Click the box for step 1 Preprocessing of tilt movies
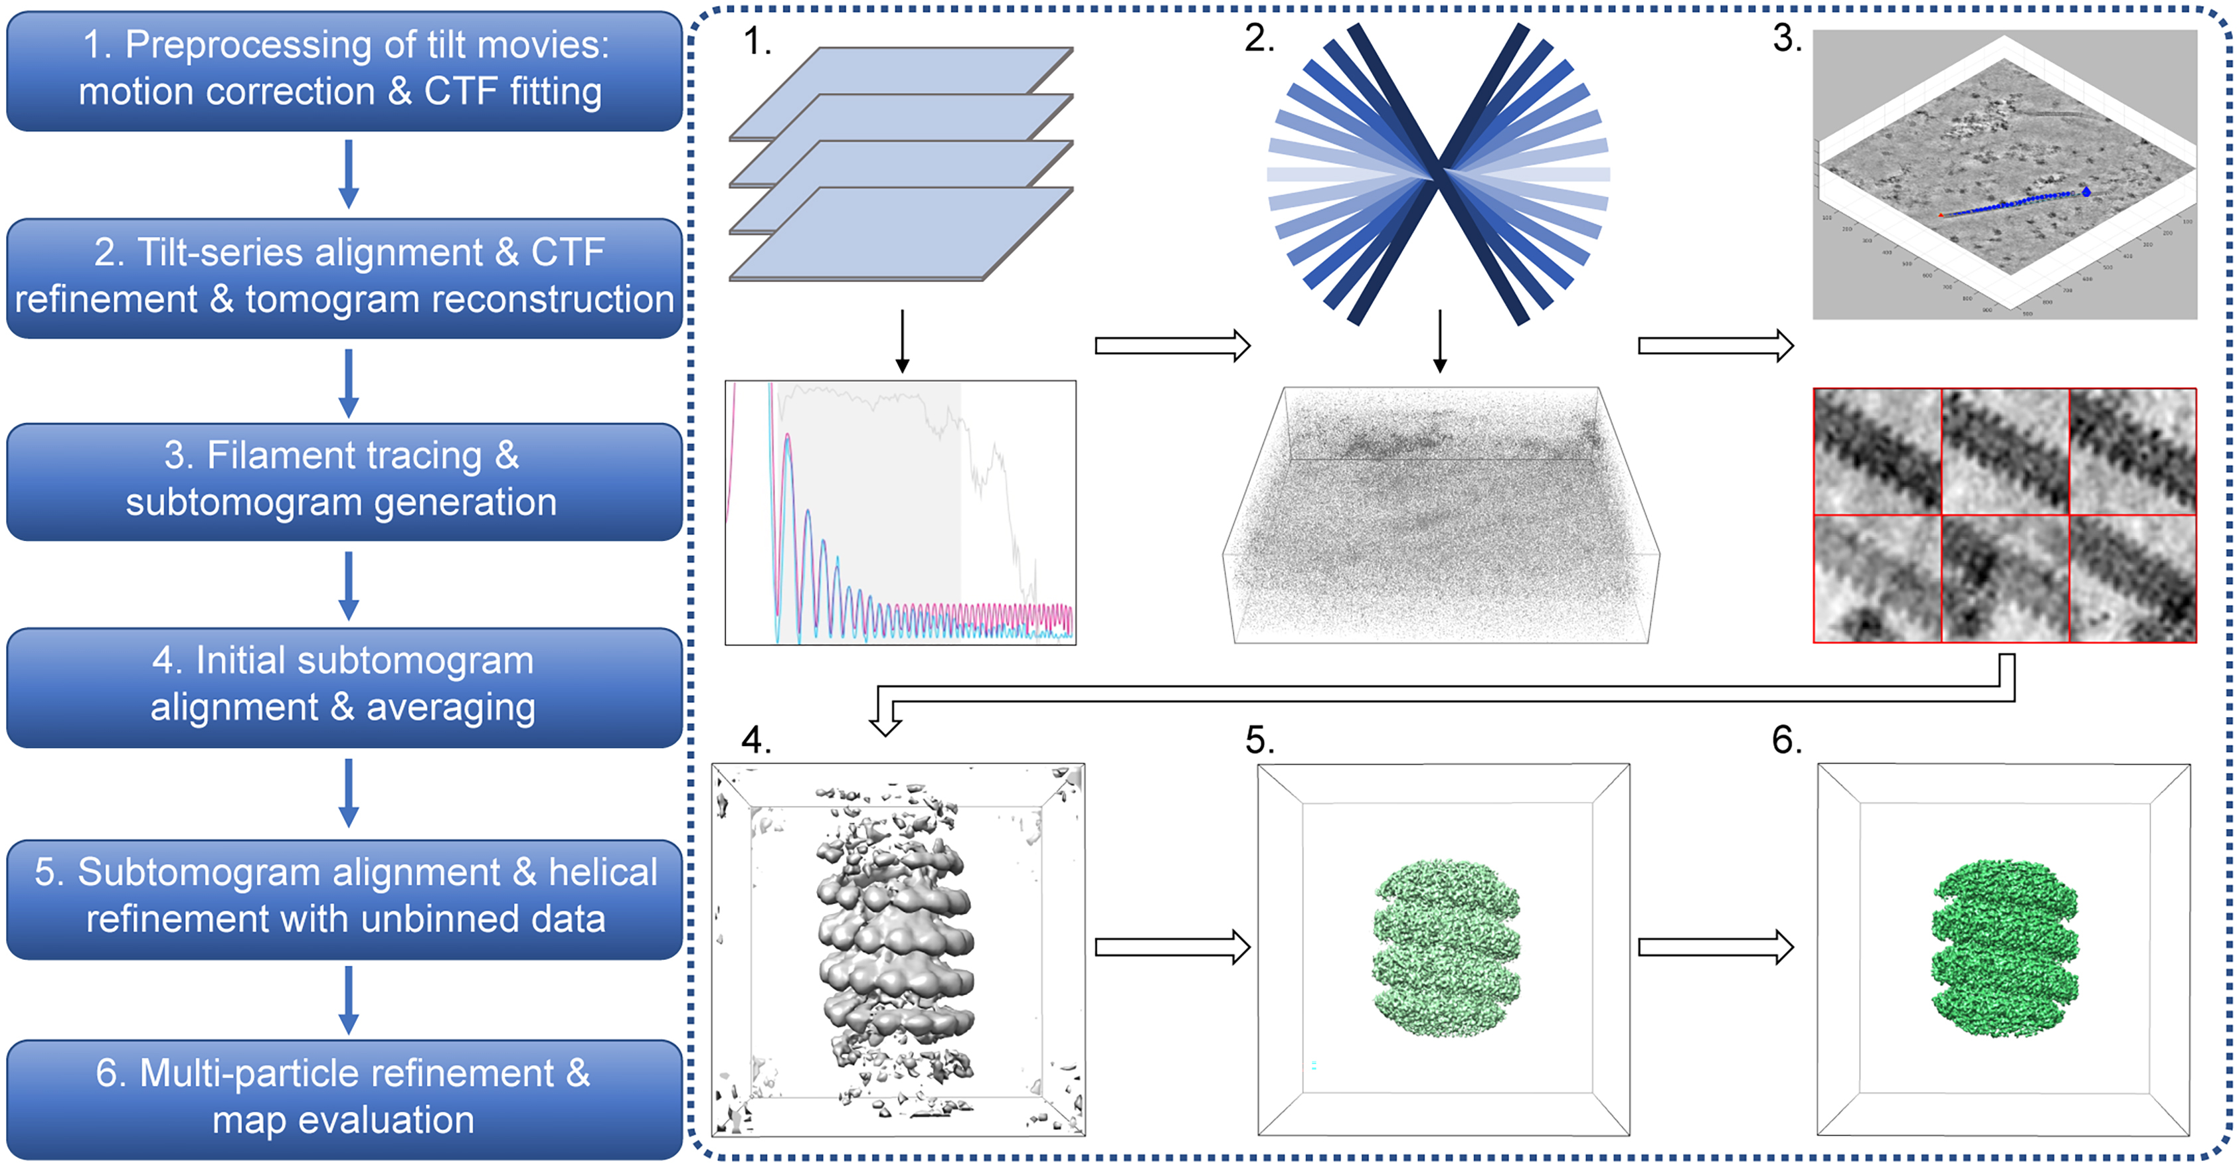pos(344,70)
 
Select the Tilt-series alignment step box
pos(344,276)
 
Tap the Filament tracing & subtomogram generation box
pos(344,481)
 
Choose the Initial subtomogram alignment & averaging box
pos(344,686)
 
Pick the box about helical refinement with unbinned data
pos(344,897)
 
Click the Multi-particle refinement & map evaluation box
pos(344,1099)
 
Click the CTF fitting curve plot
pos(901,512)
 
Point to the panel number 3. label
pos(1787,39)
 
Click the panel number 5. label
pos(1259,740)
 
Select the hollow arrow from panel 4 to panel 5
pos(1172,947)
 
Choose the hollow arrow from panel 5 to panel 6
pos(1715,947)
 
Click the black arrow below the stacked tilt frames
pos(902,341)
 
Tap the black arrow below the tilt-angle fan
pos(1439,341)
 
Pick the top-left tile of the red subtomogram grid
pos(1878,452)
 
